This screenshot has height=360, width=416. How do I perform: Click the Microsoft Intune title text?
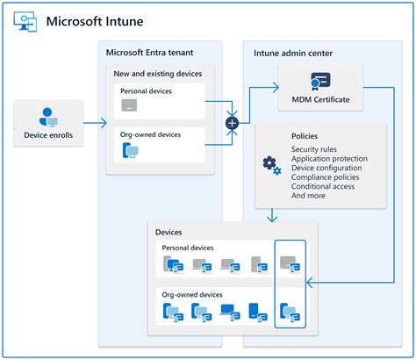pyautogui.click(x=95, y=20)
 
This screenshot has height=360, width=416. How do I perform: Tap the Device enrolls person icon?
pyautogui.click(x=49, y=117)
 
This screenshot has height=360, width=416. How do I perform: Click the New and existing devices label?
pyautogui.click(x=158, y=73)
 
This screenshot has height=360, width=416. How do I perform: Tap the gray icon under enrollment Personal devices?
pyautogui.click(x=129, y=106)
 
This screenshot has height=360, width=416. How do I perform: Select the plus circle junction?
pyautogui.click(x=232, y=123)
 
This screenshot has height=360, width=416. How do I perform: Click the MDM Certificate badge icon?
pyautogui.click(x=319, y=82)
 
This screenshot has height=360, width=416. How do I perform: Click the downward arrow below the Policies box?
pyautogui.click(x=274, y=215)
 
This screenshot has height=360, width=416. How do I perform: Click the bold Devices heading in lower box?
pyautogui.click(x=169, y=232)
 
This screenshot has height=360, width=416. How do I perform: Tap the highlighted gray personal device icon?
pyautogui.click(x=290, y=263)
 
